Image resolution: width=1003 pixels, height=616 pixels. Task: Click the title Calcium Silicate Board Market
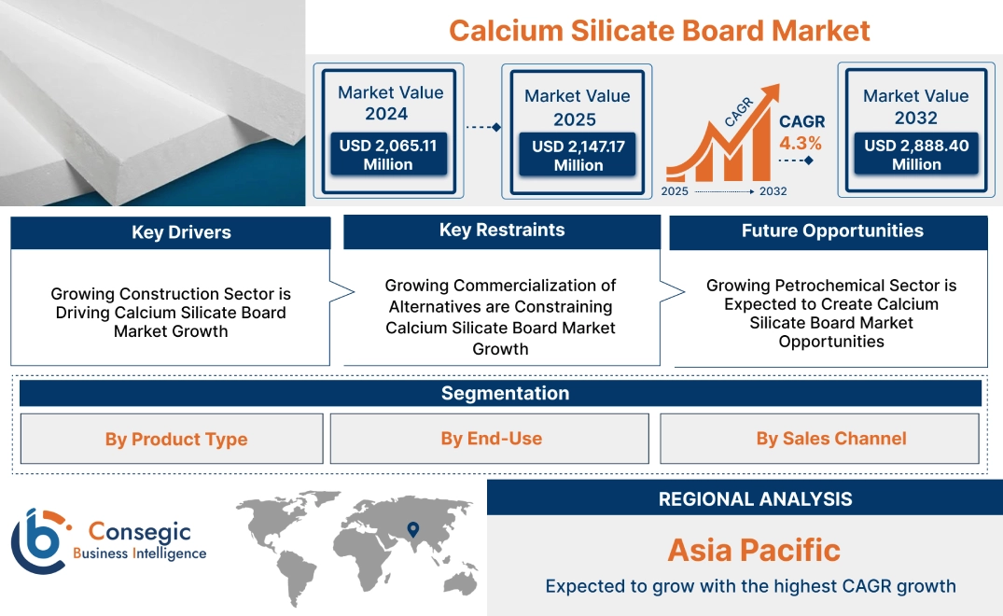[659, 30]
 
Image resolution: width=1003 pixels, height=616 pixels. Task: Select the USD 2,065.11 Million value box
[387, 154]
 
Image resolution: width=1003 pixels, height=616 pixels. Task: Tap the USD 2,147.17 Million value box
[578, 155]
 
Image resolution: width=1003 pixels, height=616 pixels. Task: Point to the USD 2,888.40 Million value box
[916, 154]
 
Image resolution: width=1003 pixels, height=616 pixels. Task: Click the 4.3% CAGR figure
[801, 143]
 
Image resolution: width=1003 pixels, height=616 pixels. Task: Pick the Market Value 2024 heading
[390, 103]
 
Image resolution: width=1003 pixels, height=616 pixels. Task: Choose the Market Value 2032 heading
[915, 106]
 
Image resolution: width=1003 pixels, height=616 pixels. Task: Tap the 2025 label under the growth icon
[676, 190]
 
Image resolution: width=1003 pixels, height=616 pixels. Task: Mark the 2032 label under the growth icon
[773, 190]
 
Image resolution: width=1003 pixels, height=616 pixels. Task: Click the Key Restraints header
[502, 231]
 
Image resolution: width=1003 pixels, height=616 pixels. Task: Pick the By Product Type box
[175, 439]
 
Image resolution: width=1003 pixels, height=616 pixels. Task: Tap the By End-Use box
[491, 439]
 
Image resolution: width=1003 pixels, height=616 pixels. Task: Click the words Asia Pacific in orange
[754, 550]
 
